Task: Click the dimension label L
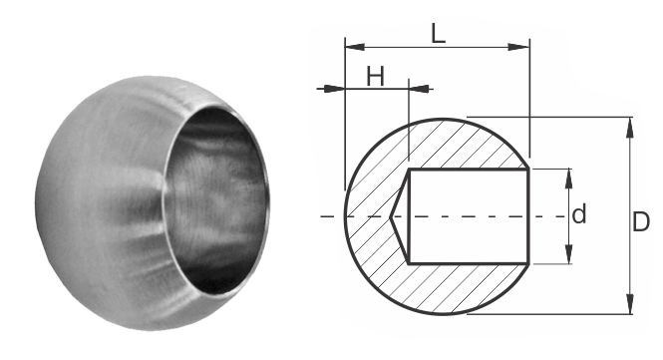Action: [x=439, y=34]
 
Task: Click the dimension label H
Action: [x=375, y=77]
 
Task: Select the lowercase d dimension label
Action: [x=579, y=213]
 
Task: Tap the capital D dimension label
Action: [x=641, y=221]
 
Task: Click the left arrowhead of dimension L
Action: [x=355, y=47]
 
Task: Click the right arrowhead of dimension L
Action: [x=519, y=47]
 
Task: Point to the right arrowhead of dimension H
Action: [x=419, y=89]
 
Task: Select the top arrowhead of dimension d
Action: [x=568, y=179]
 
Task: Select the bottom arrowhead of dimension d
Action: [x=568, y=254]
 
